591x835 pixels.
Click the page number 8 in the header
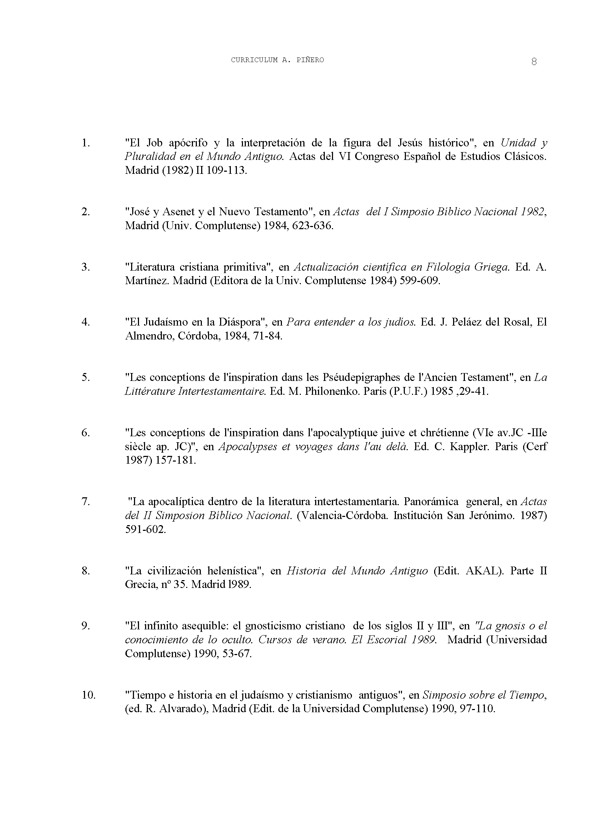(x=534, y=62)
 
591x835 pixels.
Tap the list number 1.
(x=85, y=143)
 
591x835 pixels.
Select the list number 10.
(x=88, y=695)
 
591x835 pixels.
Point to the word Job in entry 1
(x=154, y=143)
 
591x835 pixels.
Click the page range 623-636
(x=312, y=226)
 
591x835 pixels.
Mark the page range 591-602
(x=145, y=529)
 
